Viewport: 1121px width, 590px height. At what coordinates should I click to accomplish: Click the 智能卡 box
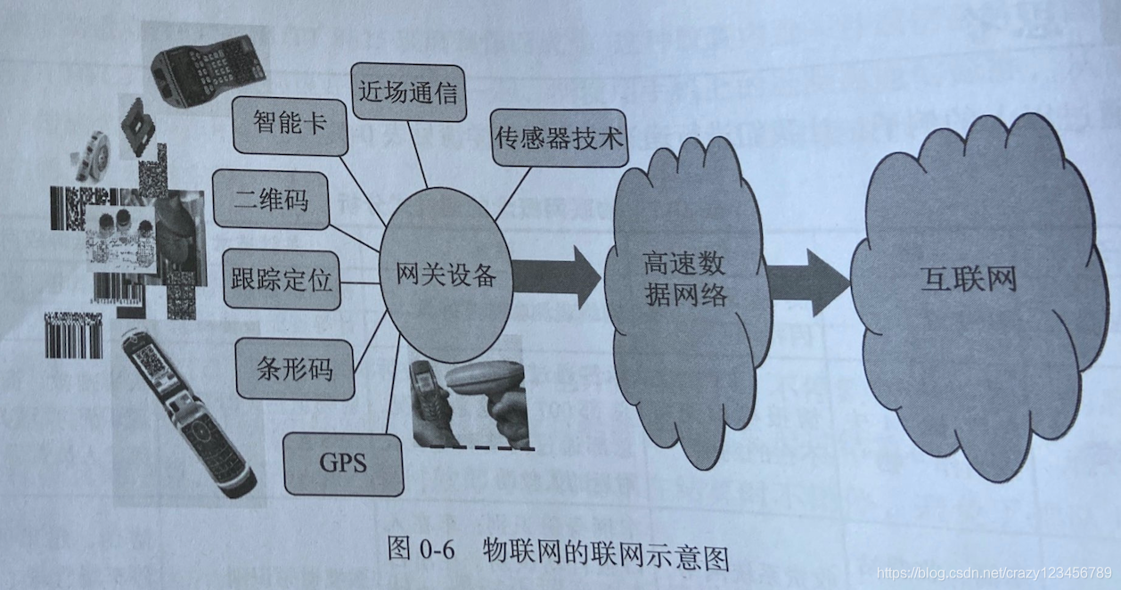click(277, 123)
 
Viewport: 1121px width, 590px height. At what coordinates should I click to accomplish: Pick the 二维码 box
click(272, 201)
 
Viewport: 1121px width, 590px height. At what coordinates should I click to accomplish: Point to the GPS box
click(343, 463)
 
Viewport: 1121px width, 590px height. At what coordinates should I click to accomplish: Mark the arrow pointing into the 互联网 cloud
click(807, 282)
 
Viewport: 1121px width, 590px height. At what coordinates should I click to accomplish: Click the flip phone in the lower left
click(186, 415)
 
